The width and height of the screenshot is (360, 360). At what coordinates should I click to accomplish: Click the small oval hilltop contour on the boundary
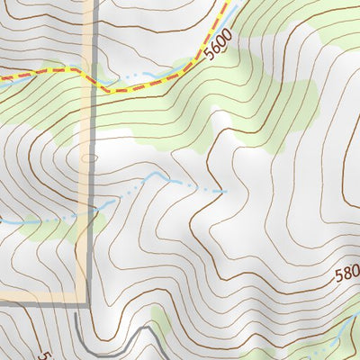pyautogui.click(x=87, y=157)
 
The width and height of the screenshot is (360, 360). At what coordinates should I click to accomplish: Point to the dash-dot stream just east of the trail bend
pyautogui.click(x=135, y=81)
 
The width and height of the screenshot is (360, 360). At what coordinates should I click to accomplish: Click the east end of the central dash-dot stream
pyautogui.click(x=223, y=191)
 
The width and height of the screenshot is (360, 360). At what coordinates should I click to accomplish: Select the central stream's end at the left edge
pyautogui.click(x=3, y=220)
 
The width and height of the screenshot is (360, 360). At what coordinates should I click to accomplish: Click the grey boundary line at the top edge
pyautogui.click(x=90, y=4)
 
